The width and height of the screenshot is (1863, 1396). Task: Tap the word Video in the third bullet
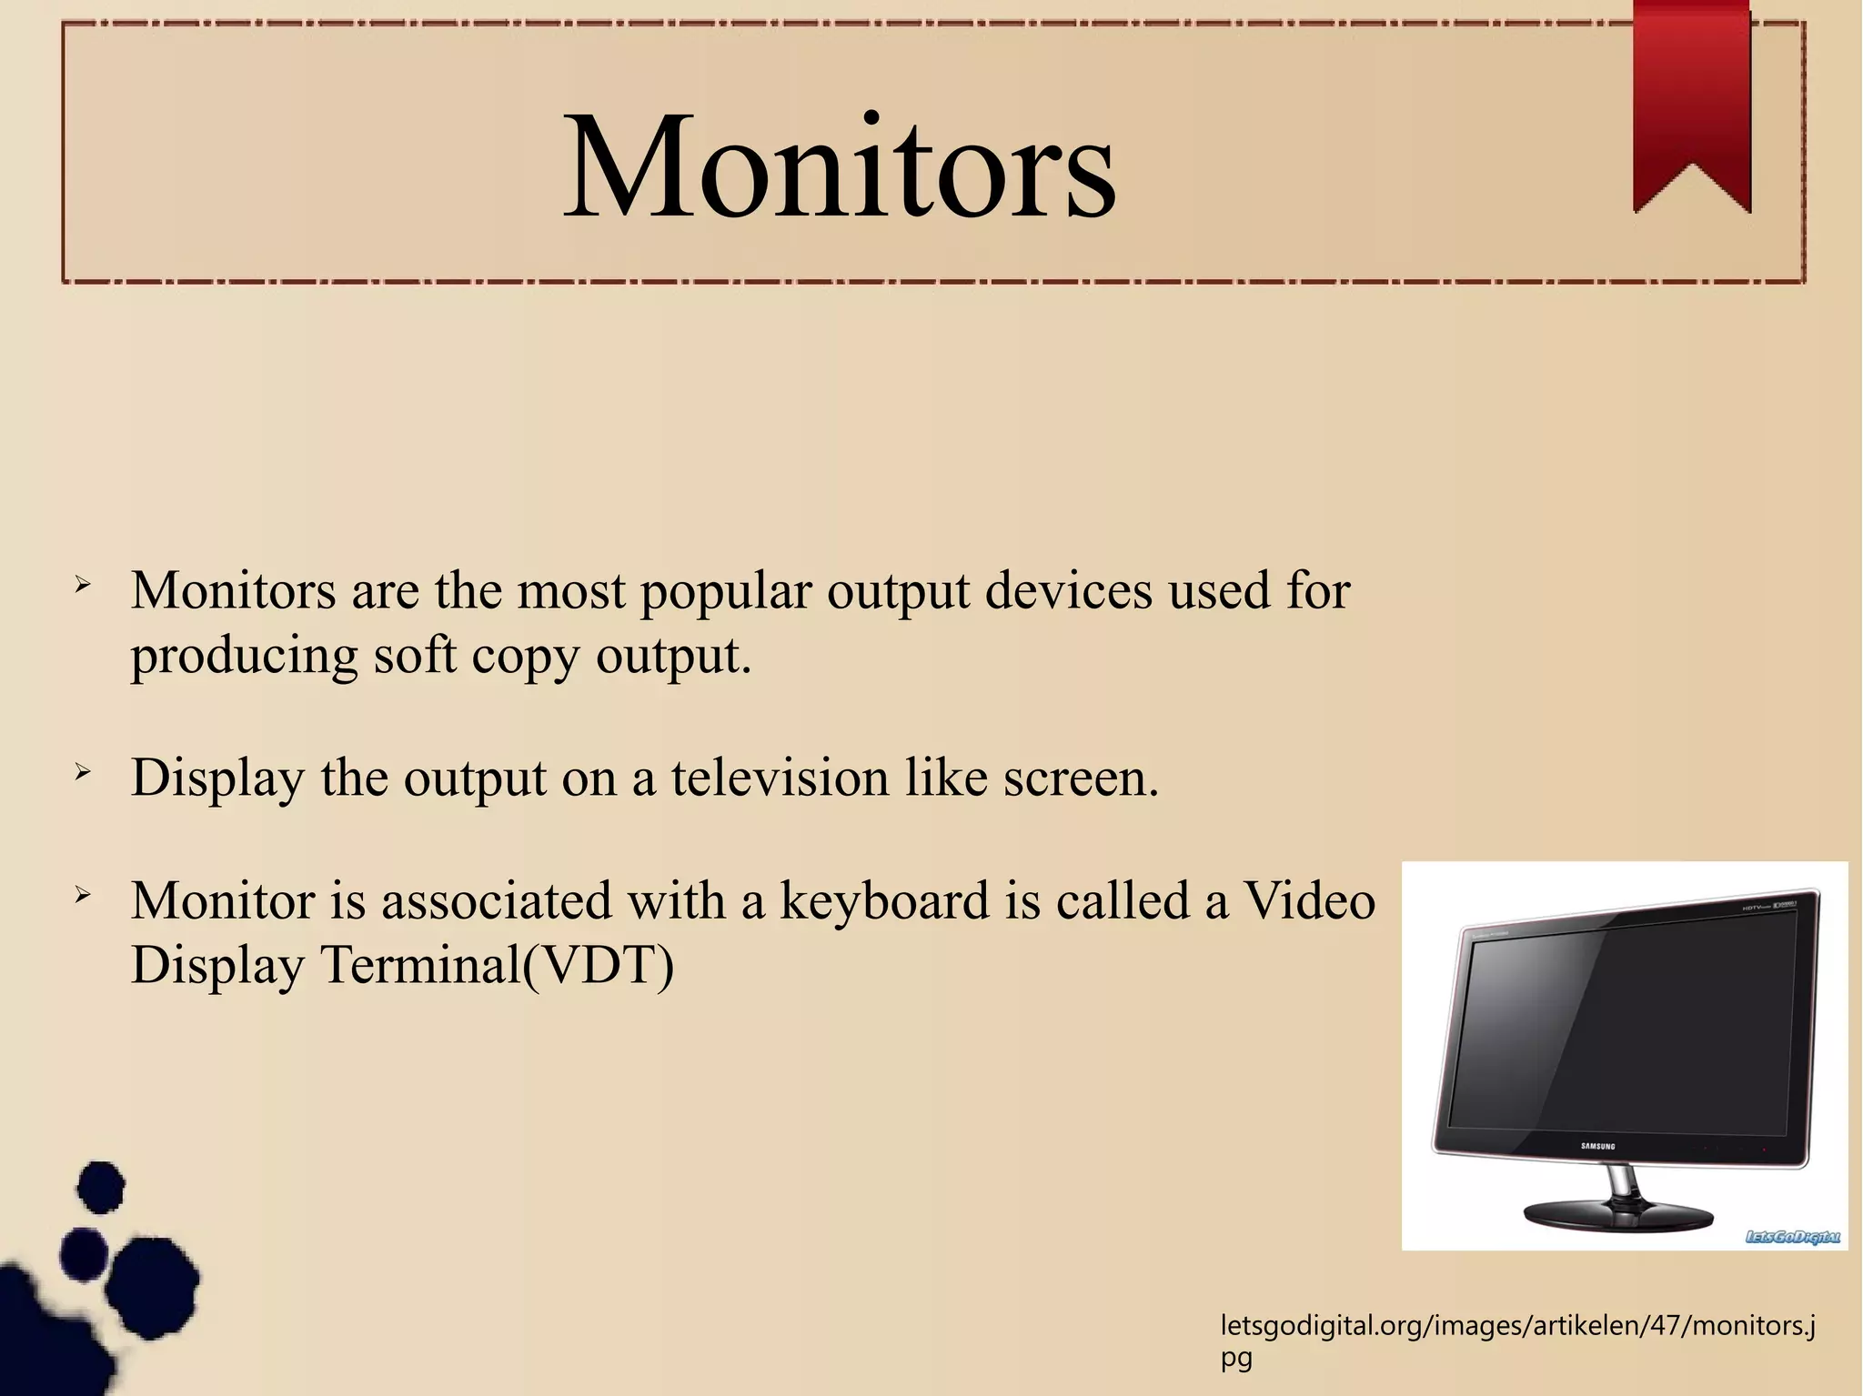coord(1309,901)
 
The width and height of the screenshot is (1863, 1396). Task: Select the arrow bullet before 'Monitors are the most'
coord(83,585)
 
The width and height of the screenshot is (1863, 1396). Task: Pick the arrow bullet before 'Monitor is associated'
coord(83,896)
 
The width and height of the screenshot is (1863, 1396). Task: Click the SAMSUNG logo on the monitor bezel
coord(1597,1146)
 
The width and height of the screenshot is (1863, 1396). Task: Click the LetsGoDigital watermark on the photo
coord(1792,1237)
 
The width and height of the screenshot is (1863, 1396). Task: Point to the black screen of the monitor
coord(1619,1028)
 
